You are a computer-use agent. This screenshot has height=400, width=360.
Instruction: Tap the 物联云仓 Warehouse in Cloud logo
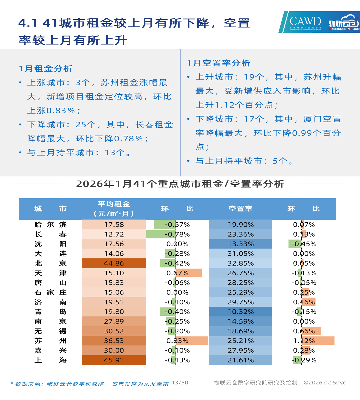(x=343, y=22)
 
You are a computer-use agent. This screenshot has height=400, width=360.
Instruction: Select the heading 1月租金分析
(x=46, y=69)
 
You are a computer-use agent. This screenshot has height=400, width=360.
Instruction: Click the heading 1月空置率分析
(x=219, y=63)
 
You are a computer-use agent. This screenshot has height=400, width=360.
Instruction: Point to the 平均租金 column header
(x=114, y=209)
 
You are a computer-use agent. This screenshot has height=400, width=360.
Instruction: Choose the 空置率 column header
(x=240, y=209)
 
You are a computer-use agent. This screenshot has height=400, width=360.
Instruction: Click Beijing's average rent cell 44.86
(x=114, y=263)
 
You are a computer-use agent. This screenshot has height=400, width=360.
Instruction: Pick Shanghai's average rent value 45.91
(x=114, y=360)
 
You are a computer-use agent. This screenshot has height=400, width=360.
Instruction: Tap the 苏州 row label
(x=50, y=341)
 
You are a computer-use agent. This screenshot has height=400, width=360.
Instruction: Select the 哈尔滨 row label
(x=50, y=225)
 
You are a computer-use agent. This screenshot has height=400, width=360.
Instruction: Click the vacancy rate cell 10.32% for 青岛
(x=240, y=312)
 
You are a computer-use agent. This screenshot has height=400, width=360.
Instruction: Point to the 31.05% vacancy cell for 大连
(x=240, y=254)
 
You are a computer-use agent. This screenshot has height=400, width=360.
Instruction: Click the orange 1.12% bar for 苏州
(x=318, y=341)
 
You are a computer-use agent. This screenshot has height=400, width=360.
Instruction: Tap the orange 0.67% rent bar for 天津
(x=189, y=273)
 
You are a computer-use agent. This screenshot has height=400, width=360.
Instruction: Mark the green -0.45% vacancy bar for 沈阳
(x=295, y=244)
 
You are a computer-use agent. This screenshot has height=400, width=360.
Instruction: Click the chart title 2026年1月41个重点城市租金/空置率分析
(x=180, y=184)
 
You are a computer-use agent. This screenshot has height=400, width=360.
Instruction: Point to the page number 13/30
(x=180, y=383)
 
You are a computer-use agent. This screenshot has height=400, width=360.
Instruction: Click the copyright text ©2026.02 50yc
(x=325, y=383)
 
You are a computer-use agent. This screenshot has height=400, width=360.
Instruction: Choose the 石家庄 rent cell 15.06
(x=114, y=292)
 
